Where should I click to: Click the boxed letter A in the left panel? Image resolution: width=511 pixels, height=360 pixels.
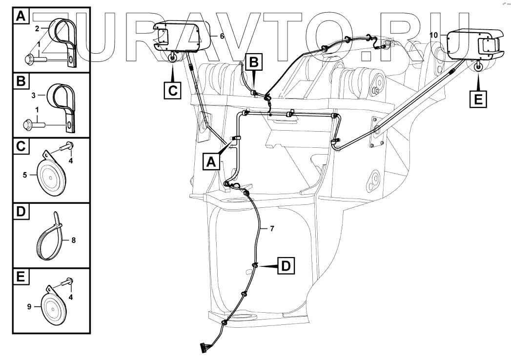tap(20, 16)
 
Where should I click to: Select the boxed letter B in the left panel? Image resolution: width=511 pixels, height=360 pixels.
tap(20, 81)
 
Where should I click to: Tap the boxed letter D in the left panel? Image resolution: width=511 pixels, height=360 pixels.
tap(20, 212)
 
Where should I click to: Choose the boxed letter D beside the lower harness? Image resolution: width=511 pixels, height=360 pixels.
tap(286, 266)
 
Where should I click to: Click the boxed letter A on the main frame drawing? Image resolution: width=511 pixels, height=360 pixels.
tap(210, 161)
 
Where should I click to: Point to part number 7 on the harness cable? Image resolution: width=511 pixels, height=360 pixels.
tap(265, 228)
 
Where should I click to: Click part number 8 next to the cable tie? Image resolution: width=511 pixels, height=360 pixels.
tap(74, 240)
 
